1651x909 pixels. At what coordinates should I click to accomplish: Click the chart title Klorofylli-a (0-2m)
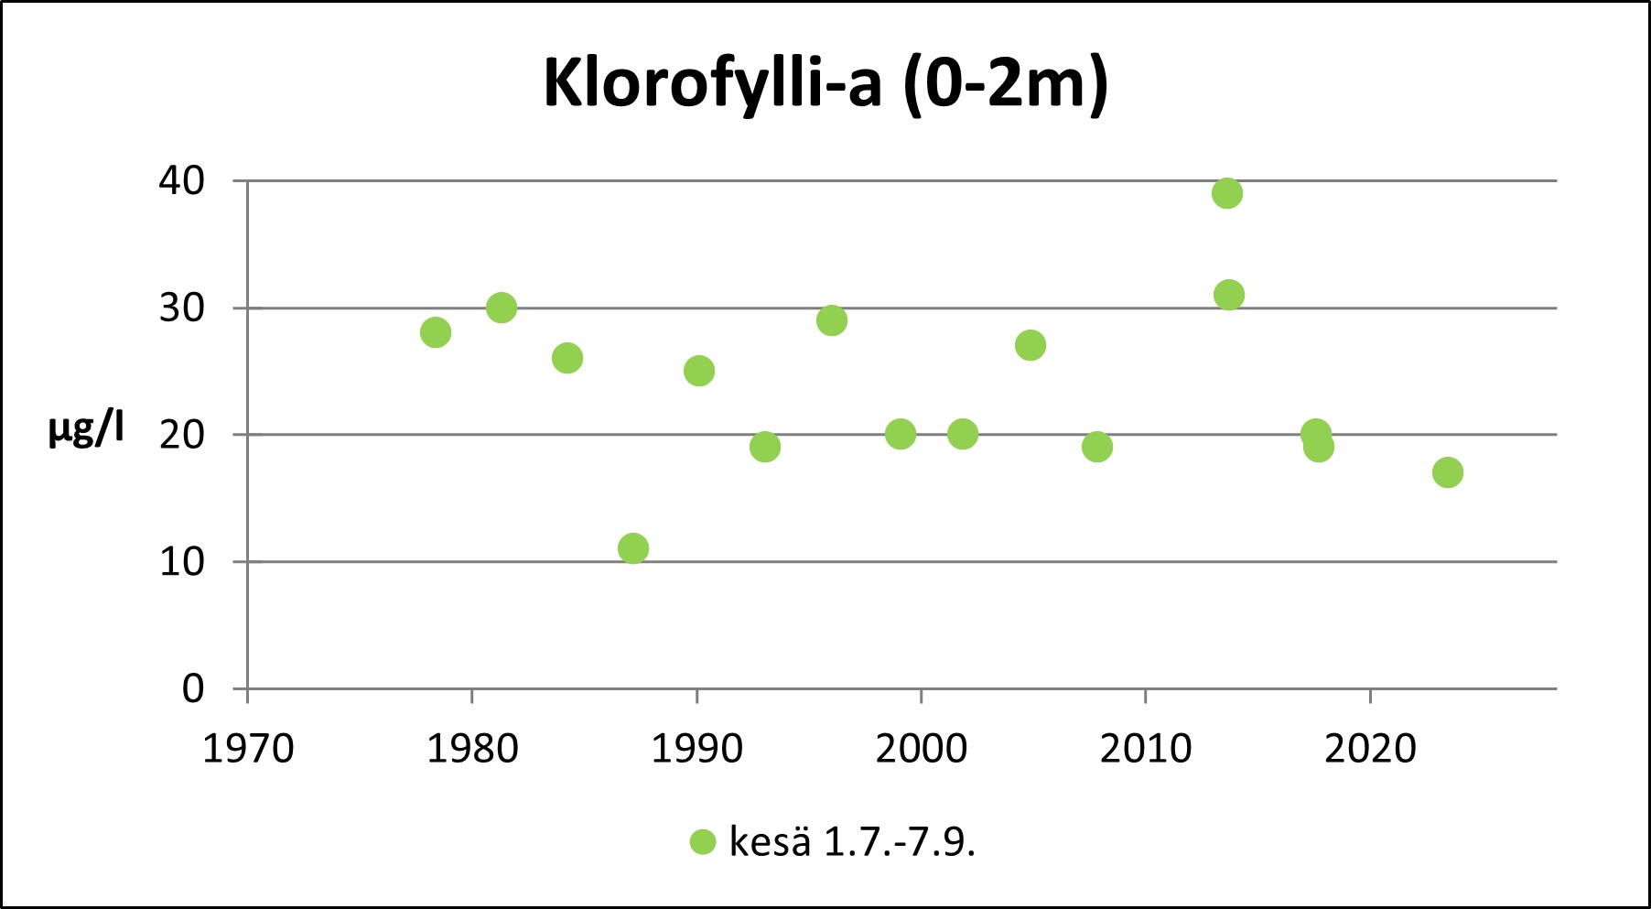(825, 84)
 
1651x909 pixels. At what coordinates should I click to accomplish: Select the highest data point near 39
(1227, 193)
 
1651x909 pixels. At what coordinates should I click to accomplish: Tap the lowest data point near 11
(633, 548)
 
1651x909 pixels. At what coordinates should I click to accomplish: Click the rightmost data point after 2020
(1447, 472)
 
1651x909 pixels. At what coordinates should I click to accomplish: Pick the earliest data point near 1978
(436, 332)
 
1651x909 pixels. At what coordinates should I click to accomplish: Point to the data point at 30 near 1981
(502, 308)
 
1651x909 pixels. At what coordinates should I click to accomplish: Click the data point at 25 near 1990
(699, 371)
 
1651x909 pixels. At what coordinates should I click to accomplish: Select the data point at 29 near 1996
(832, 320)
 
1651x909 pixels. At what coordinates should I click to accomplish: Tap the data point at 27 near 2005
(1031, 345)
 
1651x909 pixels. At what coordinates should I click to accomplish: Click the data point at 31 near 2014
(1229, 295)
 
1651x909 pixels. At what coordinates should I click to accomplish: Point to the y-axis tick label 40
(181, 181)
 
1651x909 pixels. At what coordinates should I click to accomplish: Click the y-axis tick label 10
(181, 562)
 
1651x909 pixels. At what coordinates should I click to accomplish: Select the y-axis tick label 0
(192, 688)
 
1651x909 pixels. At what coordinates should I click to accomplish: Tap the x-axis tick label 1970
(248, 750)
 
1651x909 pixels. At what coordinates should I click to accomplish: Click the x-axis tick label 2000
(922, 750)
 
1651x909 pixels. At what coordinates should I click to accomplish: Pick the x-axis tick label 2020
(1370, 750)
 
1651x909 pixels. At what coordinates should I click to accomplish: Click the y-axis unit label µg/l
(86, 428)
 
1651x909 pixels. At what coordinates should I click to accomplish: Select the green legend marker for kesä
(703, 842)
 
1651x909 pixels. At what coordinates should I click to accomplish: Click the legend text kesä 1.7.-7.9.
(852, 842)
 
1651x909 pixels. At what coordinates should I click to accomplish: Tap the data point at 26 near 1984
(567, 358)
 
